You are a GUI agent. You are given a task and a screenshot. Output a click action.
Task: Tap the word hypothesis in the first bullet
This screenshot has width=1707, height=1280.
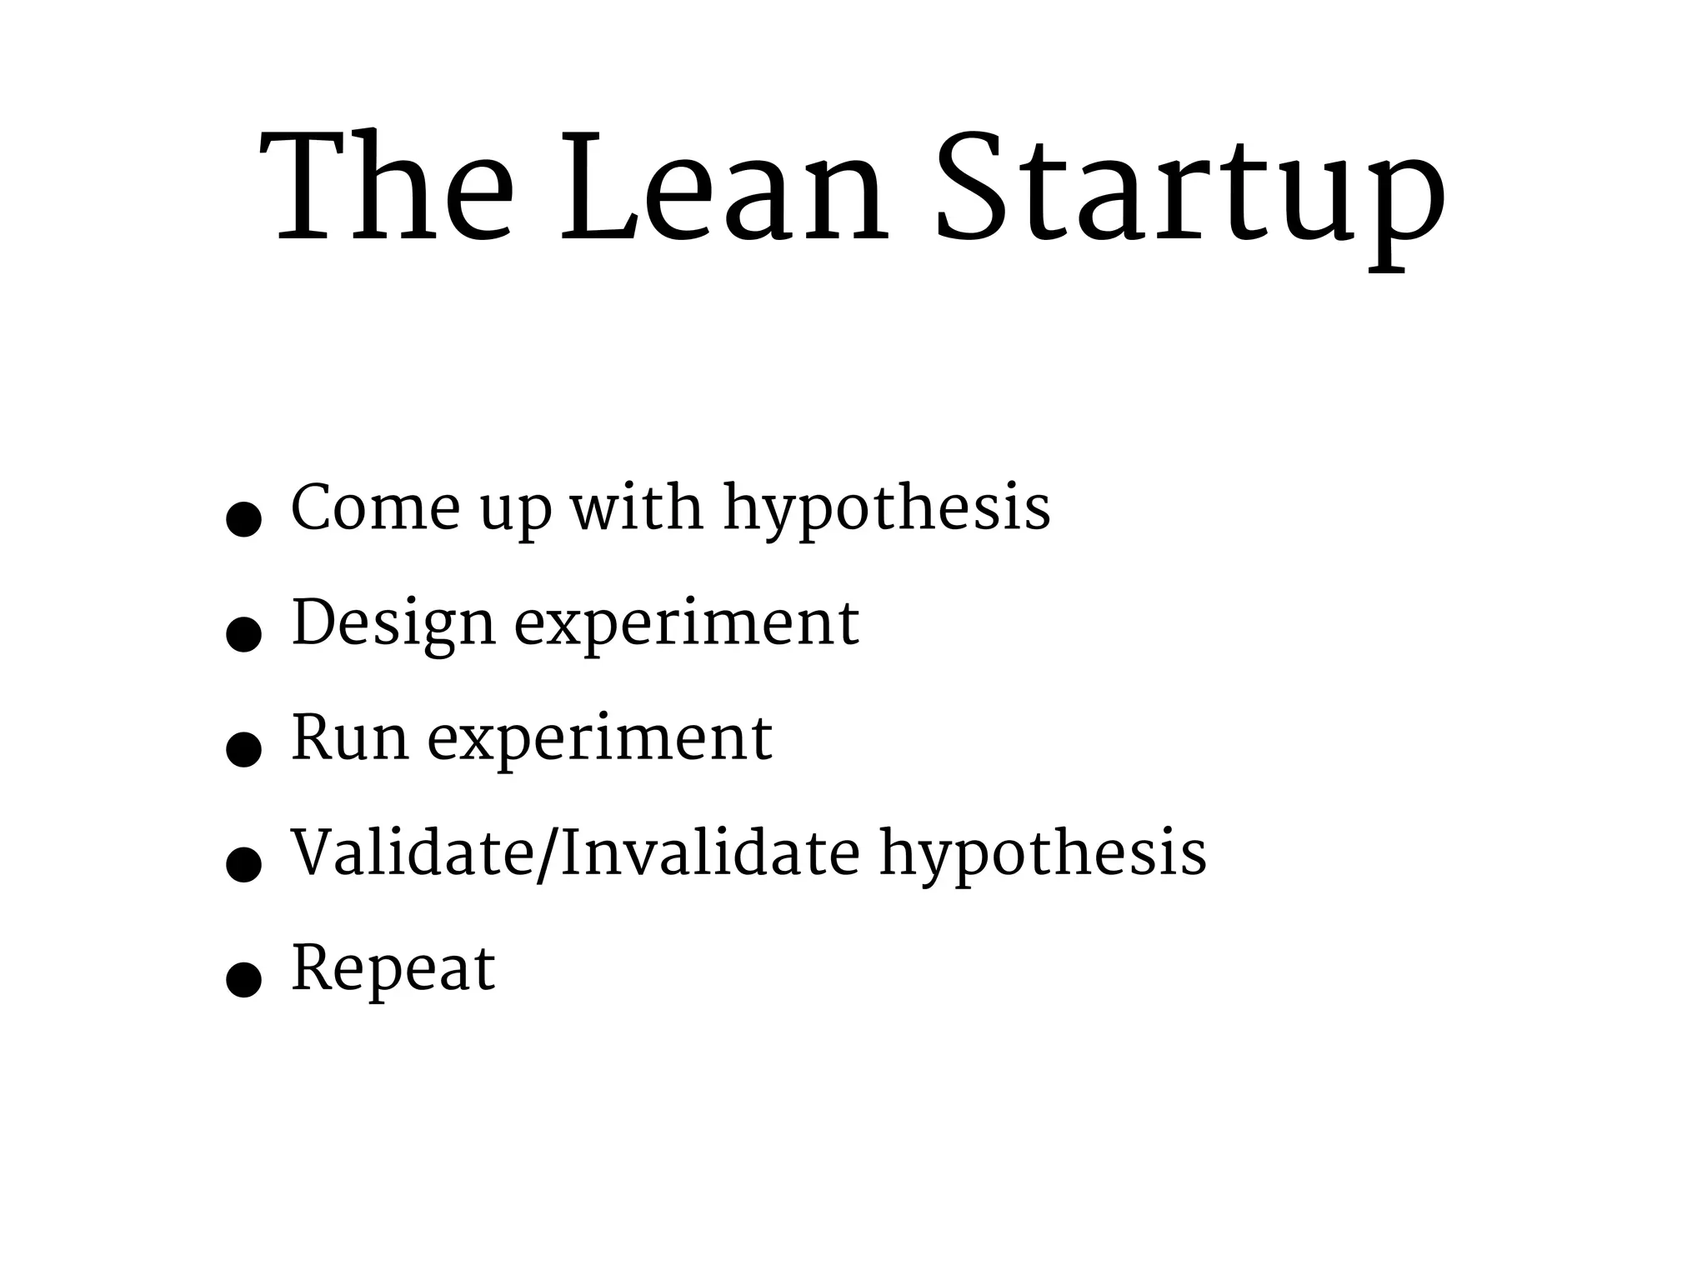886,510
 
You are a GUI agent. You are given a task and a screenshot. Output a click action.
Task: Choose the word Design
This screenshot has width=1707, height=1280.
393,625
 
